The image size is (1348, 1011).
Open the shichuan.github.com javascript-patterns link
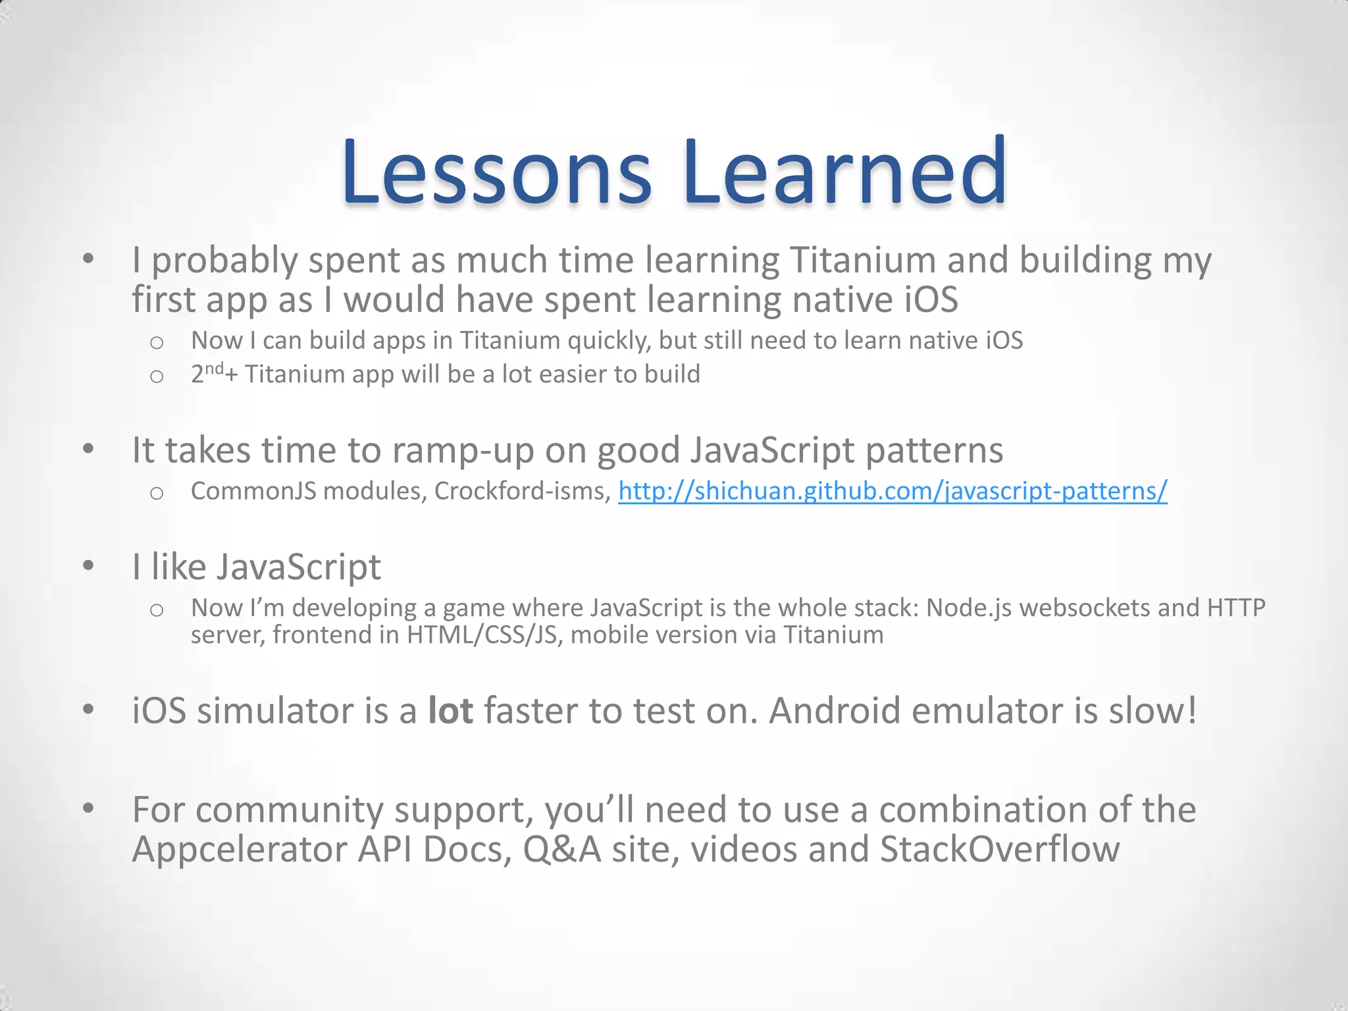[x=893, y=491]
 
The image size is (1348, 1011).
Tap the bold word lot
[x=450, y=711]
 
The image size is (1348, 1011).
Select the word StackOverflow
[x=999, y=849]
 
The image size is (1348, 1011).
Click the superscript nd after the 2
[x=215, y=369]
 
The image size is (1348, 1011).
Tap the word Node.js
[x=969, y=608]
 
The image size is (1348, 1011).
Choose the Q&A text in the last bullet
[x=561, y=849]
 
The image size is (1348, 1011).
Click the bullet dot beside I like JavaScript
[x=89, y=565]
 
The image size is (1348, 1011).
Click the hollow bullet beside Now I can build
[x=157, y=342]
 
